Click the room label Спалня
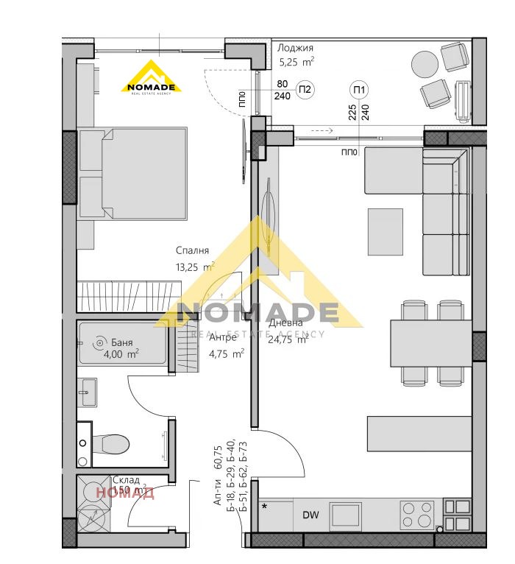193,250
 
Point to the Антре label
223,337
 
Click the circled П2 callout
305,91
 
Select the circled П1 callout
360,91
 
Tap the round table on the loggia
425,63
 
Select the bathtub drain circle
99,342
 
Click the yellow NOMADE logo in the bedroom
152,77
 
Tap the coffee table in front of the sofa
385,231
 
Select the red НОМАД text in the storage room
125,493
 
